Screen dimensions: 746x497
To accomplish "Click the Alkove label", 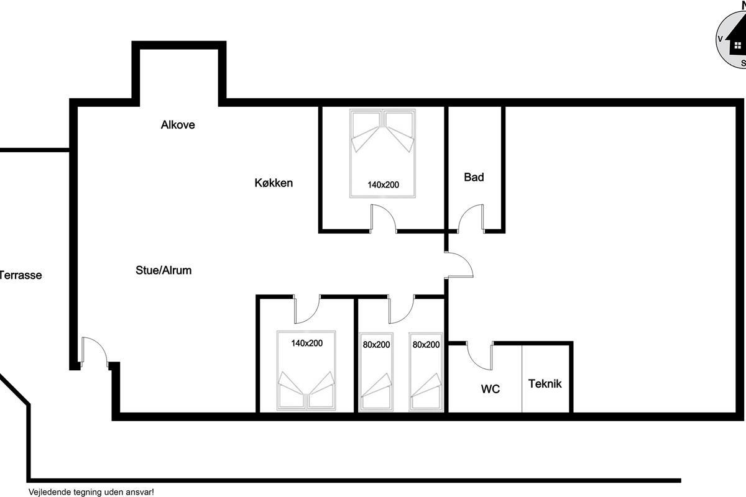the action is coord(178,125).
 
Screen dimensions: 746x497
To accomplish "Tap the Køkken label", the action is coord(274,183).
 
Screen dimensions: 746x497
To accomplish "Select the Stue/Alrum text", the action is coord(163,270).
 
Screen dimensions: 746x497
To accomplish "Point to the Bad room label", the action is coord(474,177).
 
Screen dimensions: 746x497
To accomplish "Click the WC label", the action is coord(490,389).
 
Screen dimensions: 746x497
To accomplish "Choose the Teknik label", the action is coord(545,384).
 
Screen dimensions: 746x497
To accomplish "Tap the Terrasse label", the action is coord(21,275).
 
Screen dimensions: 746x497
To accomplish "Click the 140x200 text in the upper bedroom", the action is coord(384,185).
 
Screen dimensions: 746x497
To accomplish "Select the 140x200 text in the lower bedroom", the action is coord(306,343).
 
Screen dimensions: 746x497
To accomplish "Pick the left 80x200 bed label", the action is coord(376,345).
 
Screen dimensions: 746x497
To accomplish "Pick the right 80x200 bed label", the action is coord(426,345).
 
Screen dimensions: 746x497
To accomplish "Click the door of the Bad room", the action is coord(471,218).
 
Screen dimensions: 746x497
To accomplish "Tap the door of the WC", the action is coord(479,355).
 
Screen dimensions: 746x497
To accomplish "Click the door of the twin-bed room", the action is coord(402,309).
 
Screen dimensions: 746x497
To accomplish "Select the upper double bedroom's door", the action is coord(384,218).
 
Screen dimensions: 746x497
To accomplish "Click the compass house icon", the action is coord(736,42).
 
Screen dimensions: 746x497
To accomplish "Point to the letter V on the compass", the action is coord(721,39).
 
